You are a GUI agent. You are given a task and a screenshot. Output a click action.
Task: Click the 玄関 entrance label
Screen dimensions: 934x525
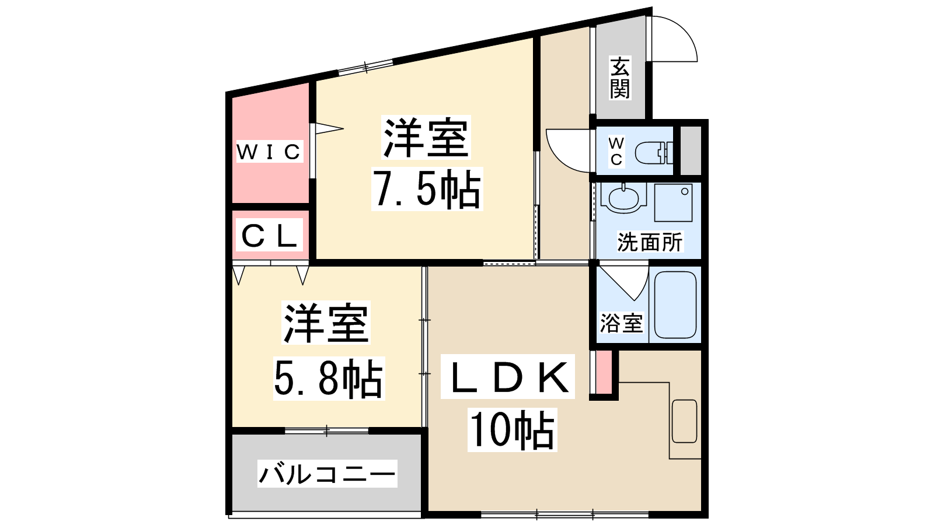pyautogui.click(x=619, y=78)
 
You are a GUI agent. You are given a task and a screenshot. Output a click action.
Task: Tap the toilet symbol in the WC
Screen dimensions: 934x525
pyautogui.click(x=654, y=153)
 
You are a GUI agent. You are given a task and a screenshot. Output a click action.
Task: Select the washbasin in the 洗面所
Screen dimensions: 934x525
pyautogui.click(x=623, y=198)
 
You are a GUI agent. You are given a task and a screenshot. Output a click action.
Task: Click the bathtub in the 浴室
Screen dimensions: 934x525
pyautogui.click(x=675, y=305)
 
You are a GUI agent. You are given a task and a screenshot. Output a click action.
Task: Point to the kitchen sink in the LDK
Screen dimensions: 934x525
pyautogui.click(x=684, y=421)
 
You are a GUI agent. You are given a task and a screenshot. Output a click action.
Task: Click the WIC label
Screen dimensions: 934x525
pyautogui.click(x=269, y=152)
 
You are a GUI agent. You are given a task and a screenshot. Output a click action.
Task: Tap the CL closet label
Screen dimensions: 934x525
pyautogui.click(x=269, y=236)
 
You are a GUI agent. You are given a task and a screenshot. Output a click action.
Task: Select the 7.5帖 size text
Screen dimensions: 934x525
pyautogui.click(x=427, y=189)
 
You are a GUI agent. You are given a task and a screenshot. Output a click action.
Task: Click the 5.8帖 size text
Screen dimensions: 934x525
pyautogui.click(x=329, y=379)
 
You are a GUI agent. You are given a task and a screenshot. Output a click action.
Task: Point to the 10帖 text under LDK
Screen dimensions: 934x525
pyautogui.click(x=512, y=429)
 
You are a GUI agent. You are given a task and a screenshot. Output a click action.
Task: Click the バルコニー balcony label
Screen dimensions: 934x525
pyautogui.click(x=327, y=474)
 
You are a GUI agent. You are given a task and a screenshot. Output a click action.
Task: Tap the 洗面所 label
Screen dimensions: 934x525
pyautogui.click(x=650, y=242)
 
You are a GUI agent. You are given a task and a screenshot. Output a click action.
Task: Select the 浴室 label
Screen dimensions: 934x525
pyautogui.click(x=621, y=323)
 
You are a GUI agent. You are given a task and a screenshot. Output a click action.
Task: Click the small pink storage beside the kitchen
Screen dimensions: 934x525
pyautogui.click(x=604, y=373)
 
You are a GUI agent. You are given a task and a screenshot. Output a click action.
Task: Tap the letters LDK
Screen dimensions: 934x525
pyautogui.click(x=508, y=377)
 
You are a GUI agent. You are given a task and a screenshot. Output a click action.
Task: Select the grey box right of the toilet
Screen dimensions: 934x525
pyautogui.click(x=691, y=150)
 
